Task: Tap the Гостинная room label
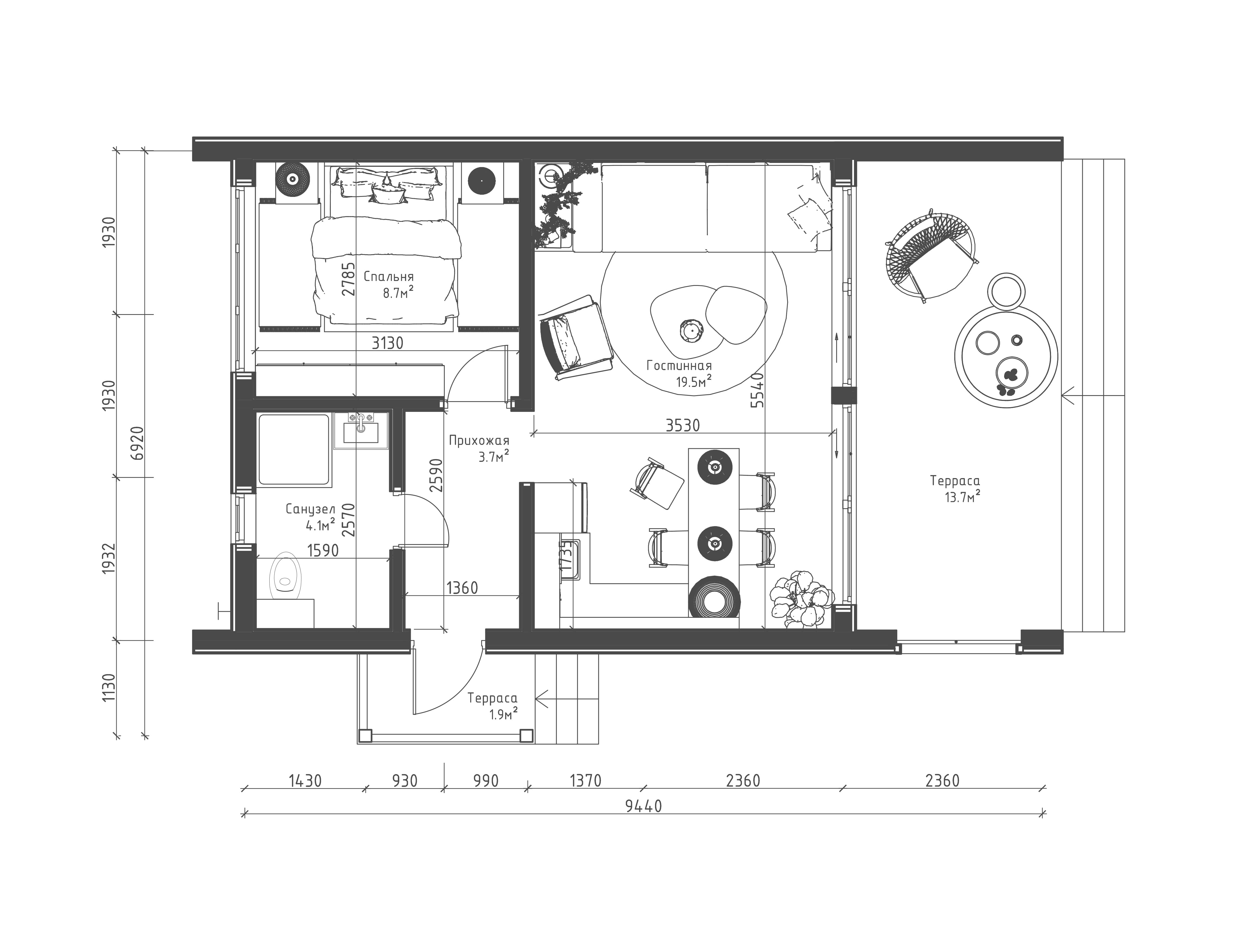679,366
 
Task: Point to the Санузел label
310,510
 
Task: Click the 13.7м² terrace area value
962,496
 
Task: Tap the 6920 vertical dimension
138,443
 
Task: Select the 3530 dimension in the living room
683,426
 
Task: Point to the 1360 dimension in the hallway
462,588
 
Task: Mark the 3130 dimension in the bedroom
388,343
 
